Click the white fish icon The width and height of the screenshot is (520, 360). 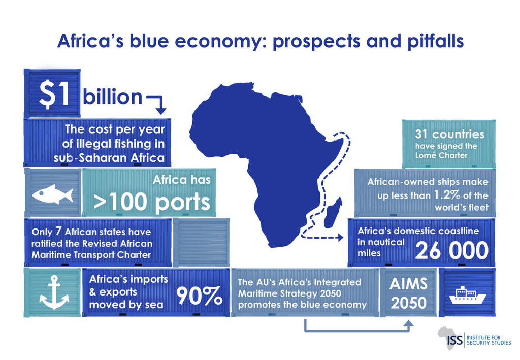click(x=52, y=194)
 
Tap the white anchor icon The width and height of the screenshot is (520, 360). click(x=54, y=292)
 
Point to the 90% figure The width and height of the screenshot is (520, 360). click(x=199, y=296)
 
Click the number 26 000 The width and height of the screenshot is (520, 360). click(x=451, y=250)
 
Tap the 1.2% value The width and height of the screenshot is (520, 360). click(x=447, y=195)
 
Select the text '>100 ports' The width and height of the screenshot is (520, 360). click(x=152, y=202)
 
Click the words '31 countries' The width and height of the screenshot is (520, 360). click(x=449, y=134)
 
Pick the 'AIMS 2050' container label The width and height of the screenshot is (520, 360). click(x=409, y=293)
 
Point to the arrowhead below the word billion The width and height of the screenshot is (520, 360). click(x=161, y=111)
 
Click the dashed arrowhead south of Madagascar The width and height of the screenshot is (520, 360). click(x=340, y=237)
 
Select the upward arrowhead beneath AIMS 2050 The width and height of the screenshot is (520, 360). click(x=409, y=324)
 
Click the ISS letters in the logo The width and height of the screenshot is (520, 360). click(x=454, y=340)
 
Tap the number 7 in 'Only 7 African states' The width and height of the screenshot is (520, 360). click(x=58, y=231)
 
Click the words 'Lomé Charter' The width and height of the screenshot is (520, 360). click(x=441, y=155)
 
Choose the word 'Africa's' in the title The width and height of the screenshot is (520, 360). click(x=90, y=41)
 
